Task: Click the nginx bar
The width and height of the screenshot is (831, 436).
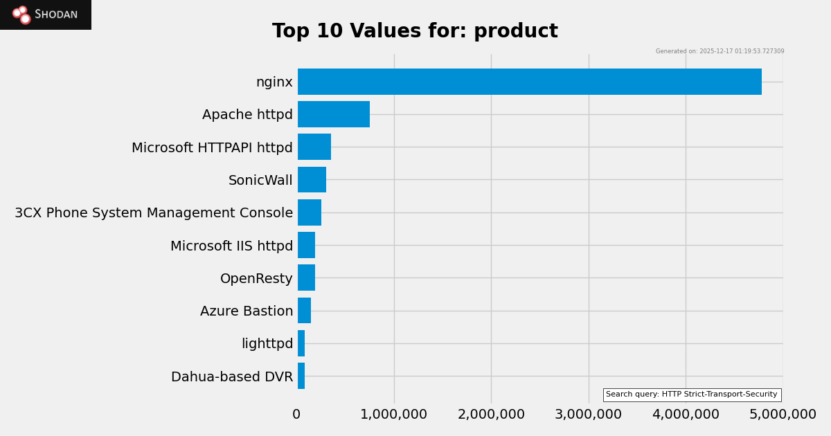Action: click(x=530, y=82)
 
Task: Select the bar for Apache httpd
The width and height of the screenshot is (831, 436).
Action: click(x=334, y=114)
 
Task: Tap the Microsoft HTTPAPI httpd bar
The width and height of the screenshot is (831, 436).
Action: click(x=314, y=147)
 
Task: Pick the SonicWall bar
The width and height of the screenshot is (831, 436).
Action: click(x=312, y=180)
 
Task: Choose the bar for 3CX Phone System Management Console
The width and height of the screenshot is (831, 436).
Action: click(x=310, y=212)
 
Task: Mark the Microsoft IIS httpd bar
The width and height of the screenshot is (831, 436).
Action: click(x=306, y=245)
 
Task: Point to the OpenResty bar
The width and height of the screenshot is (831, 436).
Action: click(x=306, y=278)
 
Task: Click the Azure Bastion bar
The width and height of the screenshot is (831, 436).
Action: click(x=304, y=311)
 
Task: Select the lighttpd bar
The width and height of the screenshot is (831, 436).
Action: click(x=301, y=343)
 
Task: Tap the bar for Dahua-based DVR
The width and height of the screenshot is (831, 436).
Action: click(x=301, y=376)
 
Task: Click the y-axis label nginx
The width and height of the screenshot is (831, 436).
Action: click(x=274, y=82)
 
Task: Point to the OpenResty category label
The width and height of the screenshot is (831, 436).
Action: click(x=256, y=279)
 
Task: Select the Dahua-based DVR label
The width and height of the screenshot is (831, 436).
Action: click(x=232, y=377)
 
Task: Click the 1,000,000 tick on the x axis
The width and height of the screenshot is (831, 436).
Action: click(x=394, y=415)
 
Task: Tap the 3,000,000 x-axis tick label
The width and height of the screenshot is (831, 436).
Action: click(x=589, y=415)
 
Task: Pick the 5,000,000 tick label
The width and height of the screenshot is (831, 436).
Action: click(x=783, y=415)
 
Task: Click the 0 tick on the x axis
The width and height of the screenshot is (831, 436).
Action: click(x=296, y=415)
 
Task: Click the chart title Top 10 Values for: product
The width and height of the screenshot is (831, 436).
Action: click(x=415, y=32)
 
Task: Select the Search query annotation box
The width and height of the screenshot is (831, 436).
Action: click(x=692, y=394)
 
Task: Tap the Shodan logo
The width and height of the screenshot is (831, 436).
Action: click(x=46, y=15)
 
